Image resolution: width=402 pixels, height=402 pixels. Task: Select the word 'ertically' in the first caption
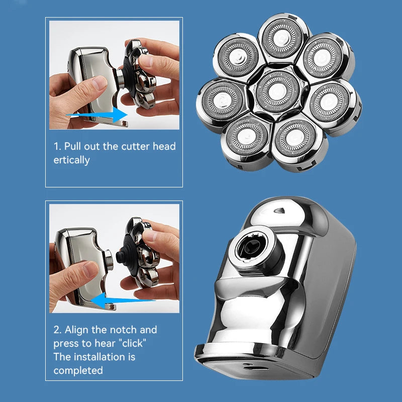[x=72, y=160]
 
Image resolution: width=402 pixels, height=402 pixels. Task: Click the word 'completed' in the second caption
[x=78, y=370]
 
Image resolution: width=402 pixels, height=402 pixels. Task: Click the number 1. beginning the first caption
[x=57, y=146]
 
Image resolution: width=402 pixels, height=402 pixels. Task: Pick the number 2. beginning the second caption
[x=58, y=330]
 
